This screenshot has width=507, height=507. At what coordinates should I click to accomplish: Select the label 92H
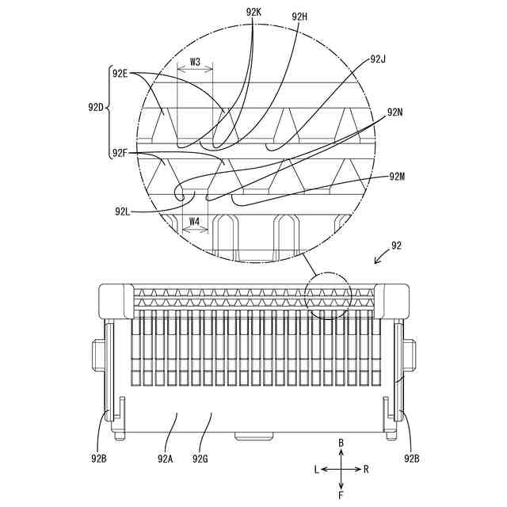(x=299, y=16)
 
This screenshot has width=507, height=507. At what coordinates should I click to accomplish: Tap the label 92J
(x=378, y=59)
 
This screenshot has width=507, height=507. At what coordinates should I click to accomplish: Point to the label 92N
(x=395, y=112)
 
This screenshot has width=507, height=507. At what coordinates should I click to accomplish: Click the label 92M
(x=398, y=176)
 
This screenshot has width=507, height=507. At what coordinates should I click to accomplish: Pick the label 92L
(x=122, y=212)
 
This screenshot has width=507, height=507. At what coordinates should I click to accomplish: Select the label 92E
(x=120, y=74)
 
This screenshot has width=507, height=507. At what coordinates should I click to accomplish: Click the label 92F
(x=120, y=153)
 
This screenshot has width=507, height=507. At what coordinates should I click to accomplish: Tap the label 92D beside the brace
(x=96, y=105)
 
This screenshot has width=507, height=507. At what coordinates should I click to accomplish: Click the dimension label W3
(x=195, y=60)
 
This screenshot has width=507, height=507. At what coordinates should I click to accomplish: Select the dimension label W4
(x=195, y=223)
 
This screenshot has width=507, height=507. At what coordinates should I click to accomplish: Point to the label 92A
(x=165, y=458)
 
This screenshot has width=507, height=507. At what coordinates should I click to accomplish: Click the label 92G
(x=201, y=458)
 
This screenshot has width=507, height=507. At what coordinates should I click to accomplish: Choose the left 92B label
(x=98, y=458)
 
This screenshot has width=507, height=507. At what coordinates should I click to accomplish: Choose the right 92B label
(x=412, y=458)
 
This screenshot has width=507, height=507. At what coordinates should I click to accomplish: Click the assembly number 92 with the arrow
(x=397, y=246)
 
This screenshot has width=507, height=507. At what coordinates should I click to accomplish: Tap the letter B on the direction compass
(x=341, y=443)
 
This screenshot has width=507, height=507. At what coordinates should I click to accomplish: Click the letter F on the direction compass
(x=341, y=495)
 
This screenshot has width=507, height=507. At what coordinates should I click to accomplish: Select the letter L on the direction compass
(x=316, y=469)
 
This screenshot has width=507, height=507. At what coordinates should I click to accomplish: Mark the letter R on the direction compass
(x=366, y=469)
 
